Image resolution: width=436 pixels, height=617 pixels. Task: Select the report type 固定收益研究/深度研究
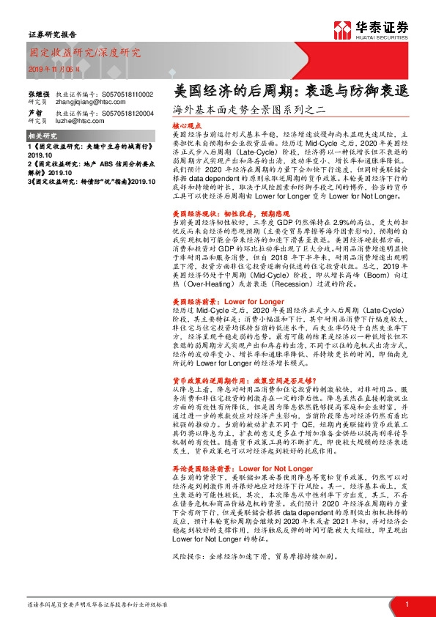(84, 53)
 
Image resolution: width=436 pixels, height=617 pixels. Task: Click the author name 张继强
(39, 95)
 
